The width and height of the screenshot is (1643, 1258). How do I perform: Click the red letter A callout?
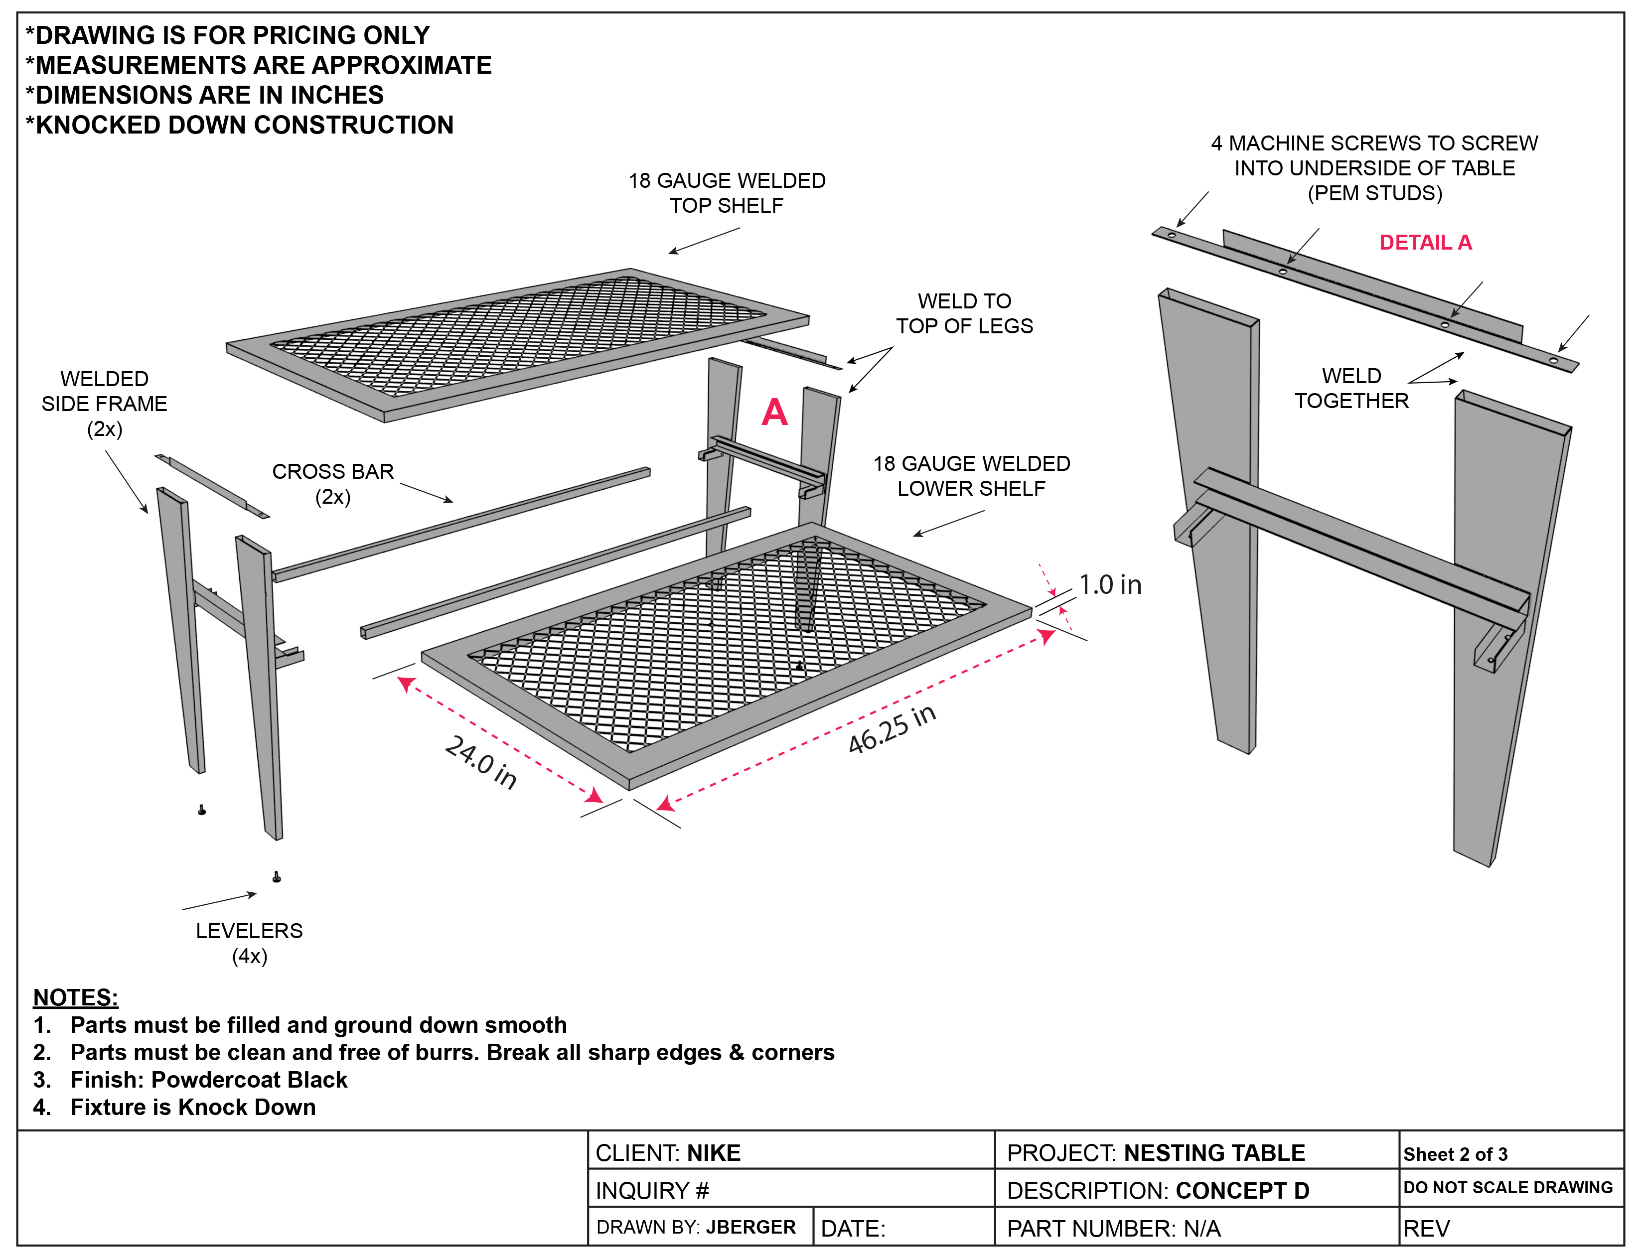point(774,413)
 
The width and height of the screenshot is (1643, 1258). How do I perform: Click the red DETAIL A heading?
point(1425,243)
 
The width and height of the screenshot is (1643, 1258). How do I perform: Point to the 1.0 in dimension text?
point(1110,585)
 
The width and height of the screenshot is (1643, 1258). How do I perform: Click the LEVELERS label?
point(249,943)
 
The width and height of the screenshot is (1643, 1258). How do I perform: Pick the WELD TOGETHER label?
point(1351,388)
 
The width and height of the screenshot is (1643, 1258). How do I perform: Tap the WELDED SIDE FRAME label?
point(104,403)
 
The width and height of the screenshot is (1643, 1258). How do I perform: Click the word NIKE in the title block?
point(714,1153)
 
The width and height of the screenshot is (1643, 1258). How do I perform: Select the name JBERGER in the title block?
point(750,1227)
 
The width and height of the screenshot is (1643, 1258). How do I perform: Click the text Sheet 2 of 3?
point(1455,1154)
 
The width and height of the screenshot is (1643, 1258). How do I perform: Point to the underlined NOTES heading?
point(76,997)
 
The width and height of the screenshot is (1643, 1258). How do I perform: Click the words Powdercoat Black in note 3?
point(249,1080)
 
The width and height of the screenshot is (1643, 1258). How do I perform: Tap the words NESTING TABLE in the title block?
point(1214,1153)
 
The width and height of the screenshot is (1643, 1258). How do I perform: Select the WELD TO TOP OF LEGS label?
point(965,313)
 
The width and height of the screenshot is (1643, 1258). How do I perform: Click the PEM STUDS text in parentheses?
point(1375,193)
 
